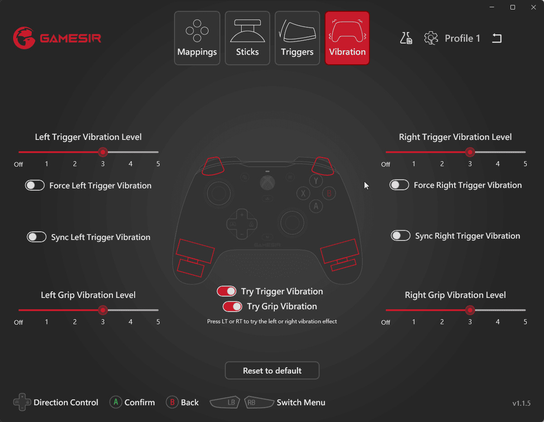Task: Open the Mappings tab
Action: click(x=197, y=38)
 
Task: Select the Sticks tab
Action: click(x=248, y=38)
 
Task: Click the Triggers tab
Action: click(x=297, y=38)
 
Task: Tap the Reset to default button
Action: click(x=272, y=370)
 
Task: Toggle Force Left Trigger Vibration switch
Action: click(x=35, y=186)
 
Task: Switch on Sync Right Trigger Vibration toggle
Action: click(x=401, y=236)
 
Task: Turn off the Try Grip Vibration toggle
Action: click(x=232, y=307)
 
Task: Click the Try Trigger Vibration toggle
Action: click(x=226, y=291)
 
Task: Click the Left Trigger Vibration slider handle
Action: click(x=102, y=152)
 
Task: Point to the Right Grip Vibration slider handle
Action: click(x=470, y=310)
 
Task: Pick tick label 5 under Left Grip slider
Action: click(x=158, y=322)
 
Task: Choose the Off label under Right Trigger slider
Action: click(x=385, y=164)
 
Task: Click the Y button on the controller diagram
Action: click(x=316, y=181)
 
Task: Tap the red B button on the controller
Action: click(x=329, y=193)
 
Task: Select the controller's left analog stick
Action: click(x=219, y=193)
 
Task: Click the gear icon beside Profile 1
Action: click(x=431, y=38)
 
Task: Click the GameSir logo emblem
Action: click(x=24, y=38)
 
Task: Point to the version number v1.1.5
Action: click(x=521, y=403)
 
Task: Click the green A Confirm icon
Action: click(x=116, y=402)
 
